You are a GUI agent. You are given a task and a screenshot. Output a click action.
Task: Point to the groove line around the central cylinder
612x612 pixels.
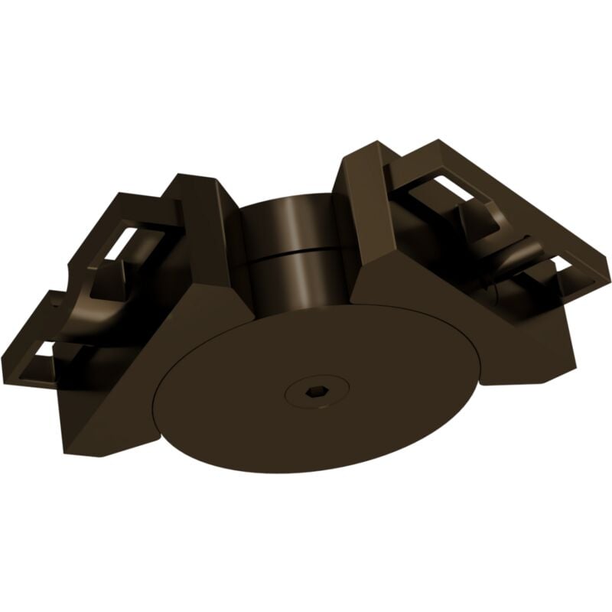point(295,251)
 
